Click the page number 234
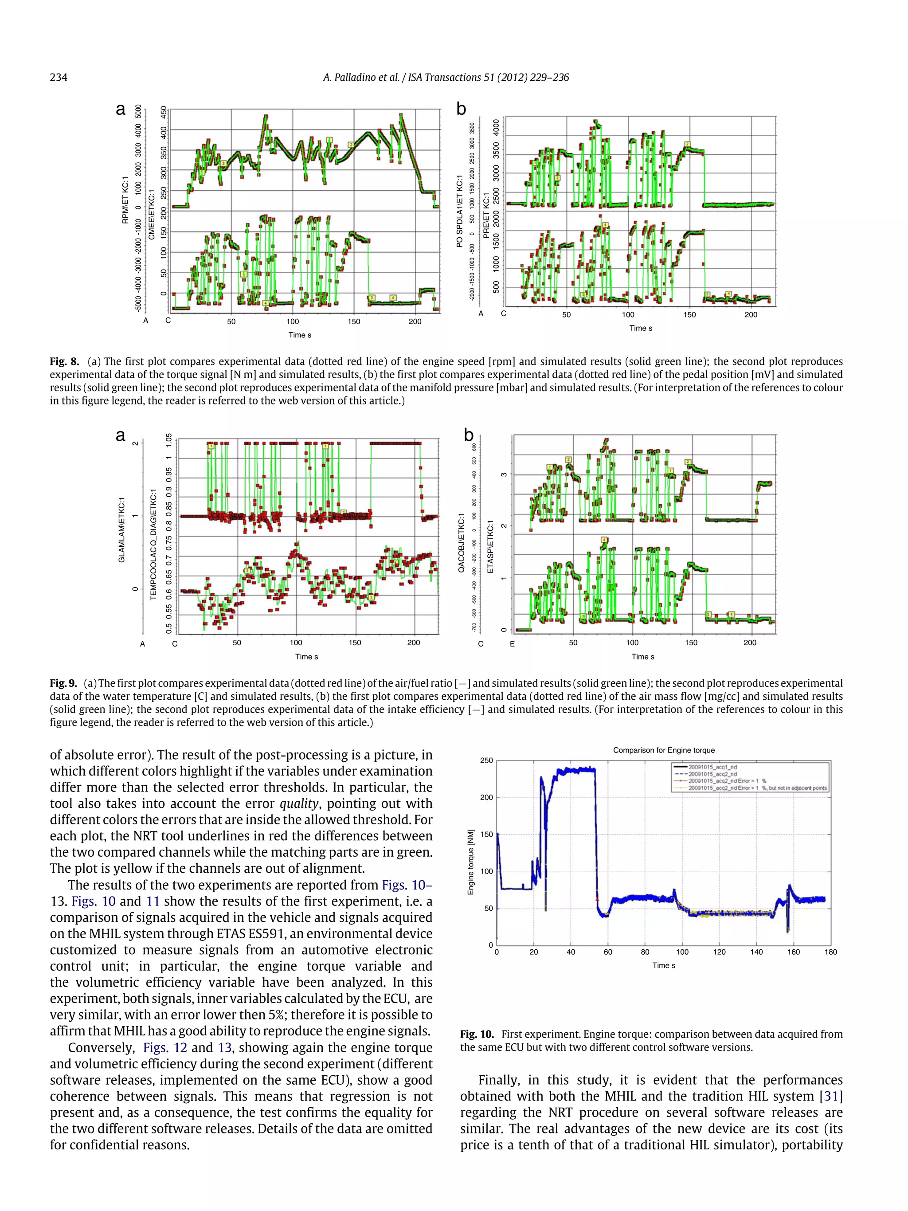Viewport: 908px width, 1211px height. click(x=59, y=77)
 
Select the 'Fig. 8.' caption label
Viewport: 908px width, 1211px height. click(x=63, y=361)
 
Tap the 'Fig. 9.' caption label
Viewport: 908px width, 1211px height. click(x=63, y=683)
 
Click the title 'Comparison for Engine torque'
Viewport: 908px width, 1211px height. click(x=663, y=750)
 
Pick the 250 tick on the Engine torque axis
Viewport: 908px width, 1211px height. click(x=486, y=760)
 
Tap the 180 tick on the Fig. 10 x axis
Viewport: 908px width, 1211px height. click(x=830, y=952)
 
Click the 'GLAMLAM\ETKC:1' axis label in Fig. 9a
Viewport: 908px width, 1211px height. click(x=121, y=529)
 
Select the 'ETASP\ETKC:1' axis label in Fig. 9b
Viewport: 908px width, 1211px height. click(x=490, y=546)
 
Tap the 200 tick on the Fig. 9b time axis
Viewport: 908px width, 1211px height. click(x=749, y=643)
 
